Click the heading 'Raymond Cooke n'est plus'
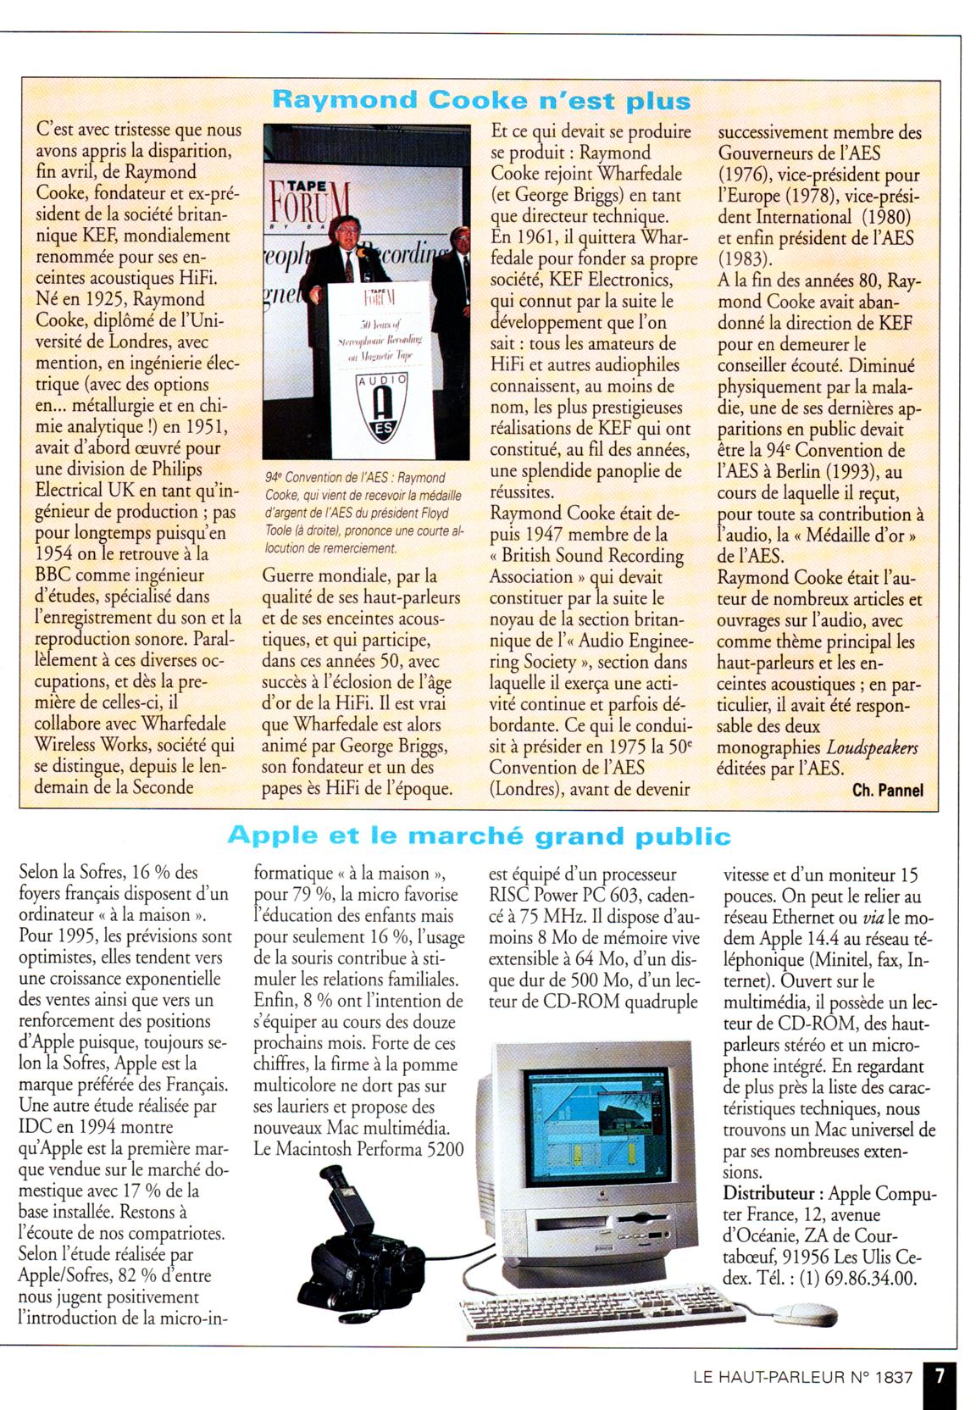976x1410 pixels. pos(480,101)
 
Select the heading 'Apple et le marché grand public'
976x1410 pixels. pos(479,836)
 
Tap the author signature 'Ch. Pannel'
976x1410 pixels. pos(887,791)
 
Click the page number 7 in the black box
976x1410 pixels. pos(939,1377)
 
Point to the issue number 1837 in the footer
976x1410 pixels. pos(889,1378)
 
